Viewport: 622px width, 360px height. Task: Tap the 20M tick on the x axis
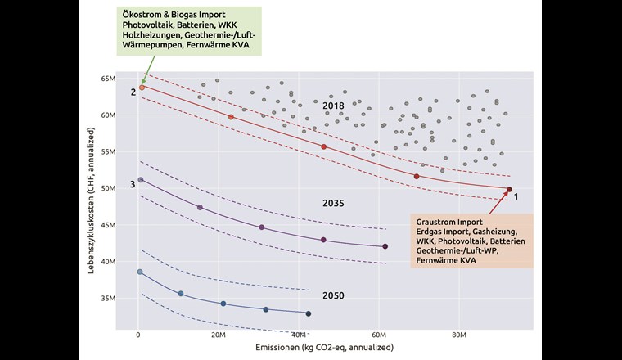[218, 335]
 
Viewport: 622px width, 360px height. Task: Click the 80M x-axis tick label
[458, 335]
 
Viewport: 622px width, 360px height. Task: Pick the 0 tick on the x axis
[138, 335]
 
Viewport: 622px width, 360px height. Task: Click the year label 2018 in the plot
[333, 106]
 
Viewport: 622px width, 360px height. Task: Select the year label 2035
[333, 202]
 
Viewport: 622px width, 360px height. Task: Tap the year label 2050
[333, 295]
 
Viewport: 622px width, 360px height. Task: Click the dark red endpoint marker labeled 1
[509, 190]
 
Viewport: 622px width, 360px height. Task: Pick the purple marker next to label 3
[140, 179]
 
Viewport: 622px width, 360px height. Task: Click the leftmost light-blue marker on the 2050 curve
[140, 272]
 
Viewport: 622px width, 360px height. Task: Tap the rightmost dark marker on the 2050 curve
[308, 313]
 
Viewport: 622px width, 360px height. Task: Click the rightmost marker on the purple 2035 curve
[385, 246]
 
